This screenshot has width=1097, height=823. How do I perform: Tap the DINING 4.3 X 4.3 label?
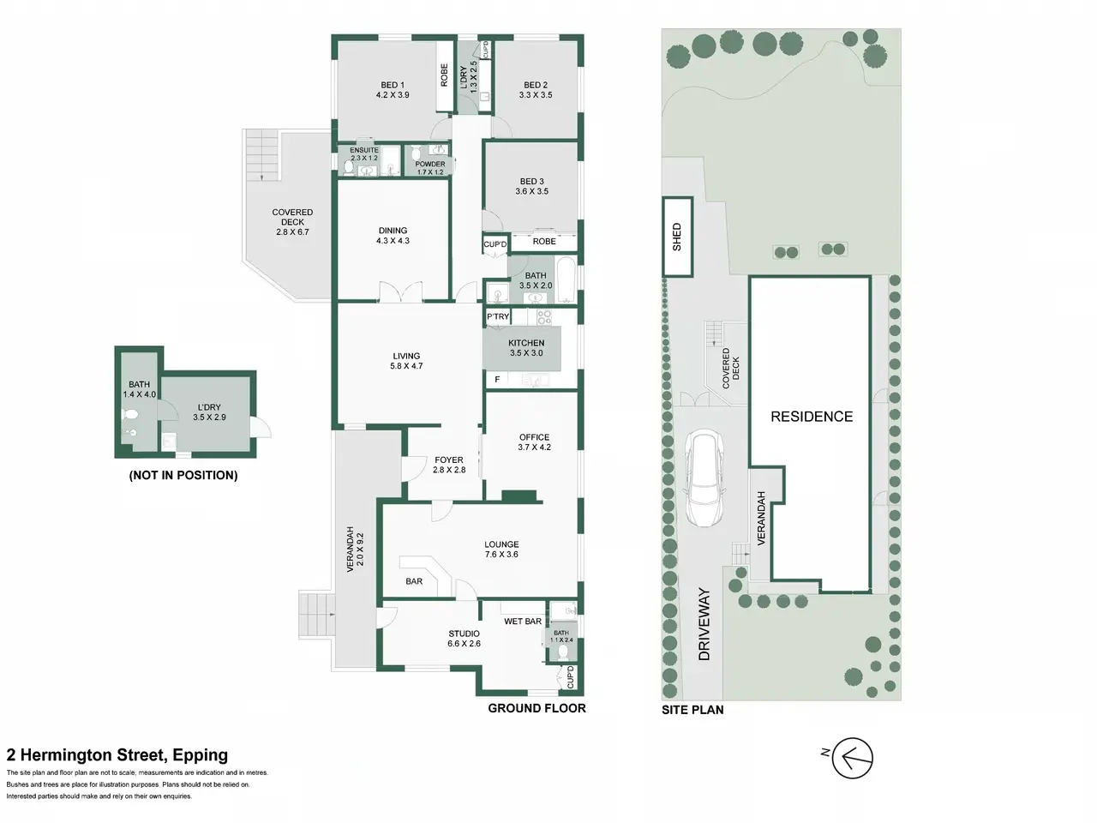pos(393,236)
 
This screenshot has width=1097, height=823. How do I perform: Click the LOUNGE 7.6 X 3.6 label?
pos(501,550)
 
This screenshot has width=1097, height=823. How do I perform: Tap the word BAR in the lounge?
pos(414,581)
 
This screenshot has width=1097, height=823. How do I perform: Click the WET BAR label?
pos(523,622)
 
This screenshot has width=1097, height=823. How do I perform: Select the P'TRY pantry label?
pos(498,316)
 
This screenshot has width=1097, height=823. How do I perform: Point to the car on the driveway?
pos(704,478)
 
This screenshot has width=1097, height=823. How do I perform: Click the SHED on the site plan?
pos(677,237)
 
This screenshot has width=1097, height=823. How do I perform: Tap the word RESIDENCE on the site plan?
pos(812,417)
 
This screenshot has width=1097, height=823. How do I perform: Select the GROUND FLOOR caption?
pos(537,708)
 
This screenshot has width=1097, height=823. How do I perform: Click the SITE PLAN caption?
pos(692,710)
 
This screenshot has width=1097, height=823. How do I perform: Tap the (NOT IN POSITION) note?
pos(183,475)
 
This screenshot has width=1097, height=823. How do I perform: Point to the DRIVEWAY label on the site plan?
pos(704,624)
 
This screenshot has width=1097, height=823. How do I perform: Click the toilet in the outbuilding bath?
pos(130,414)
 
